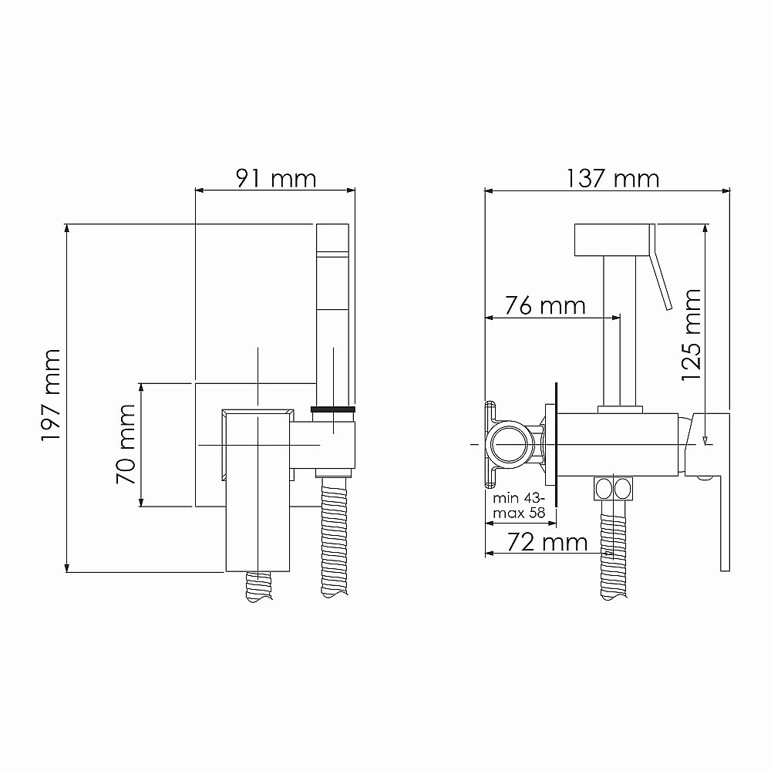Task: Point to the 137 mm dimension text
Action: [x=614, y=179]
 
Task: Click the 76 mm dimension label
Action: [x=545, y=305]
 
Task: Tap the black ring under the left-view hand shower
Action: [x=332, y=408]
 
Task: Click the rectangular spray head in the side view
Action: [x=614, y=241]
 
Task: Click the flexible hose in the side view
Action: [x=614, y=547]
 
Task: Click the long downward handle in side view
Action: [x=724, y=509]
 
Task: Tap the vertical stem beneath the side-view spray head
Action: [x=620, y=332]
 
